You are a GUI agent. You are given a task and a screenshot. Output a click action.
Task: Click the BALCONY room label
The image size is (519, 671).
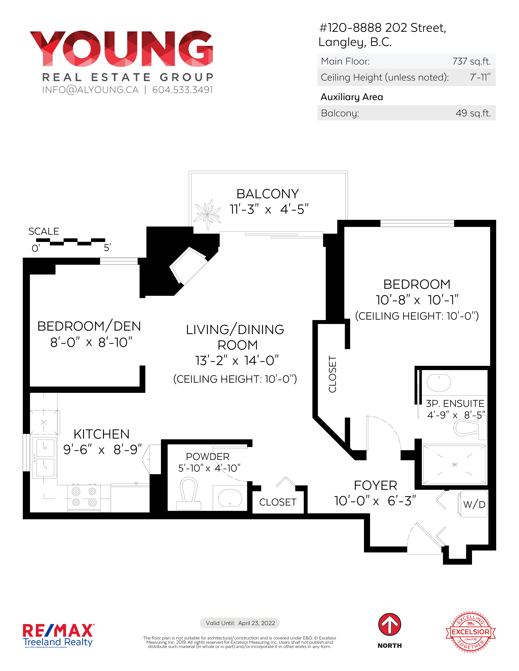(268, 194)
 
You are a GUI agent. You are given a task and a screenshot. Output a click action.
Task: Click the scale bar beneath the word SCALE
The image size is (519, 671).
(70, 242)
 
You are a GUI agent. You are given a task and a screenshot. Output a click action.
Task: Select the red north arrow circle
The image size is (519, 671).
(390, 625)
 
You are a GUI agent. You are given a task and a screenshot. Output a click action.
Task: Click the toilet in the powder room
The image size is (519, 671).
(188, 494)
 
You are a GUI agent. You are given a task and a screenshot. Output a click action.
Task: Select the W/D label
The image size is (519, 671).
(474, 504)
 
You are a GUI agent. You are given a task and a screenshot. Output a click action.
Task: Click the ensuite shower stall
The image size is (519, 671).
(455, 465)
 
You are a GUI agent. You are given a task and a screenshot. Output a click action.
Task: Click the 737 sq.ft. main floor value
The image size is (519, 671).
(471, 61)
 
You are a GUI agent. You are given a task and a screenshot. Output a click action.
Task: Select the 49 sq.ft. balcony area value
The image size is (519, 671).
(473, 113)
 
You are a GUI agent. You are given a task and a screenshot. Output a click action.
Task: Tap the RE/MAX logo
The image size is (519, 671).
(58, 635)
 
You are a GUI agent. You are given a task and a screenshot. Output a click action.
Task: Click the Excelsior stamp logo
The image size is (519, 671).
(470, 632)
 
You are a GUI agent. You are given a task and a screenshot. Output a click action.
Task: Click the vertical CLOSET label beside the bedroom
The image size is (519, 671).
(332, 374)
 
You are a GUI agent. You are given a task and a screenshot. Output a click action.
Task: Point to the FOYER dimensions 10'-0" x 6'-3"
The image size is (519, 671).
(375, 501)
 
